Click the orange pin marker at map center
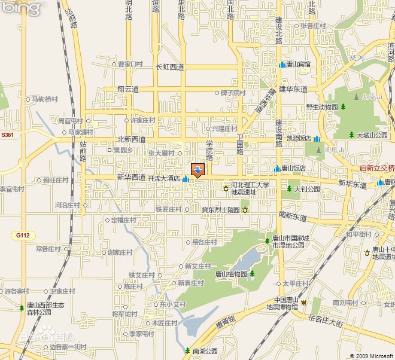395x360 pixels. [197, 170]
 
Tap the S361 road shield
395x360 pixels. [7, 135]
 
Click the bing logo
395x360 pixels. [22, 8]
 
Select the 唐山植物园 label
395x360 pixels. [230, 274]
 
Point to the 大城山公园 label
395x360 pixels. [372, 135]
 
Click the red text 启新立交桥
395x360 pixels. [377, 168]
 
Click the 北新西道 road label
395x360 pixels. [131, 139]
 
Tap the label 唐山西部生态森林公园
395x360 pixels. [45, 308]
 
